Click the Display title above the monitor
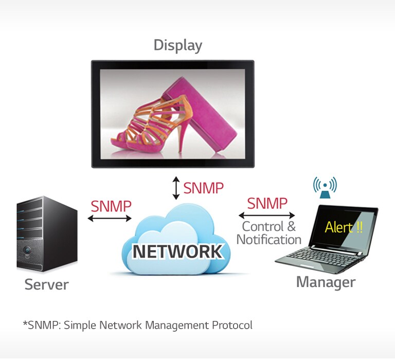(177, 45)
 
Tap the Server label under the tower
(46, 284)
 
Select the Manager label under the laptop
(325, 282)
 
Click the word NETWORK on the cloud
(177, 251)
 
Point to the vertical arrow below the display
(176, 188)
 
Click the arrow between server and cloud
(110, 219)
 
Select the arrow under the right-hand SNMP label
(266, 215)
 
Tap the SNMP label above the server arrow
(111, 206)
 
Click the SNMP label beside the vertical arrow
(203, 188)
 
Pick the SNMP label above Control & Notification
(267, 203)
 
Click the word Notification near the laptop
(268, 240)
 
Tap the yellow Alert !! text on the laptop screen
(344, 227)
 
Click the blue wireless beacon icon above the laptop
(325, 187)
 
